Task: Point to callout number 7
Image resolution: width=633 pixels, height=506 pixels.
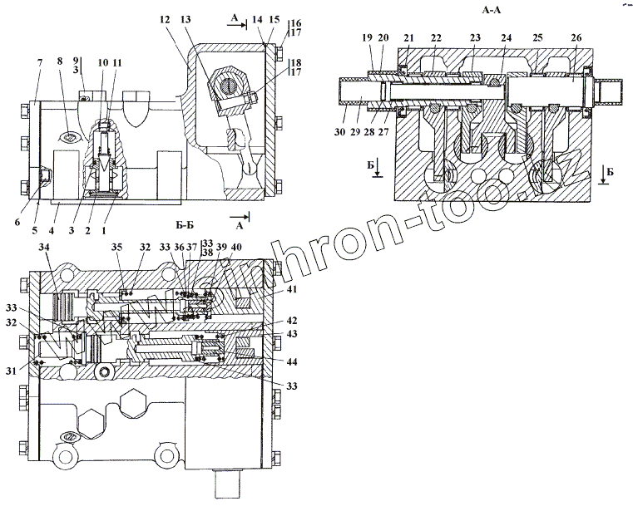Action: coord(39,63)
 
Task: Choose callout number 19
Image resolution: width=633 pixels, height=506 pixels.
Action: coord(367,38)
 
